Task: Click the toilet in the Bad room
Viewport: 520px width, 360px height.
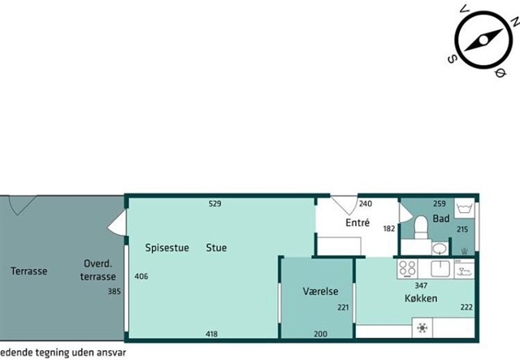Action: [421, 227]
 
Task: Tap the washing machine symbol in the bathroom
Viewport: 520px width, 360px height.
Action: [464, 208]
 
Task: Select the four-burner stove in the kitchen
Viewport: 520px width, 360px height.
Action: [408, 269]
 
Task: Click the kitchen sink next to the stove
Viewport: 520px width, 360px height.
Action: [440, 269]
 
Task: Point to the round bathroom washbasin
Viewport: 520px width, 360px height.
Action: [440, 248]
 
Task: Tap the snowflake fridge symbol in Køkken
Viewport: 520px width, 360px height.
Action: [422, 327]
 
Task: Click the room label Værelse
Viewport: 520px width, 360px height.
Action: [320, 291]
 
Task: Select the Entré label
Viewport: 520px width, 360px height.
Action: [357, 223]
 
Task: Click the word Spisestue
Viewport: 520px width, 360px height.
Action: [167, 248]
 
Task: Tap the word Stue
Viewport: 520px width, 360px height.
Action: [216, 248]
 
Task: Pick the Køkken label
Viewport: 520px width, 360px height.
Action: [421, 298]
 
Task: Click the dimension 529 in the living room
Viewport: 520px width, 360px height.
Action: [214, 203]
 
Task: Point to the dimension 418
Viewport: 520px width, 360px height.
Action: [211, 334]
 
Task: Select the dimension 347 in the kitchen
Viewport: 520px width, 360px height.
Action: [421, 285]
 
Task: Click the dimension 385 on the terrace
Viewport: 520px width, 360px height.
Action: [114, 291]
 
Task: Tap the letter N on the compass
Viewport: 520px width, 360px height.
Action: [515, 22]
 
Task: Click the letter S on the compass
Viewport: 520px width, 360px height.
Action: [452, 59]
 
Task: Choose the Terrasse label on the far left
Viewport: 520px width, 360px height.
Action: [29, 271]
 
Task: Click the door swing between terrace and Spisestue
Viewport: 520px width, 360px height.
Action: [117, 223]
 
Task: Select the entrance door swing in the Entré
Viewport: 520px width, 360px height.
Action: [344, 205]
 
